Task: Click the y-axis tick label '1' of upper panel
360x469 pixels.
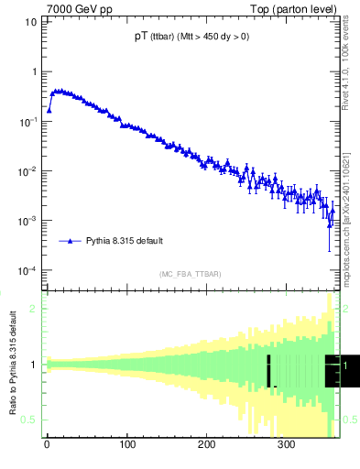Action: [x=34, y=71]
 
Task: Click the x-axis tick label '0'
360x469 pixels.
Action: [x=47, y=445]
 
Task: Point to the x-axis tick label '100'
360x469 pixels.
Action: [x=126, y=445]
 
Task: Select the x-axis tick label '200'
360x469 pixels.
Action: [x=206, y=445]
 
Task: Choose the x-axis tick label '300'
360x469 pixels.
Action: [x=286, y=445]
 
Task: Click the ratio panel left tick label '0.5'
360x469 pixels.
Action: [x=30, y=420]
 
